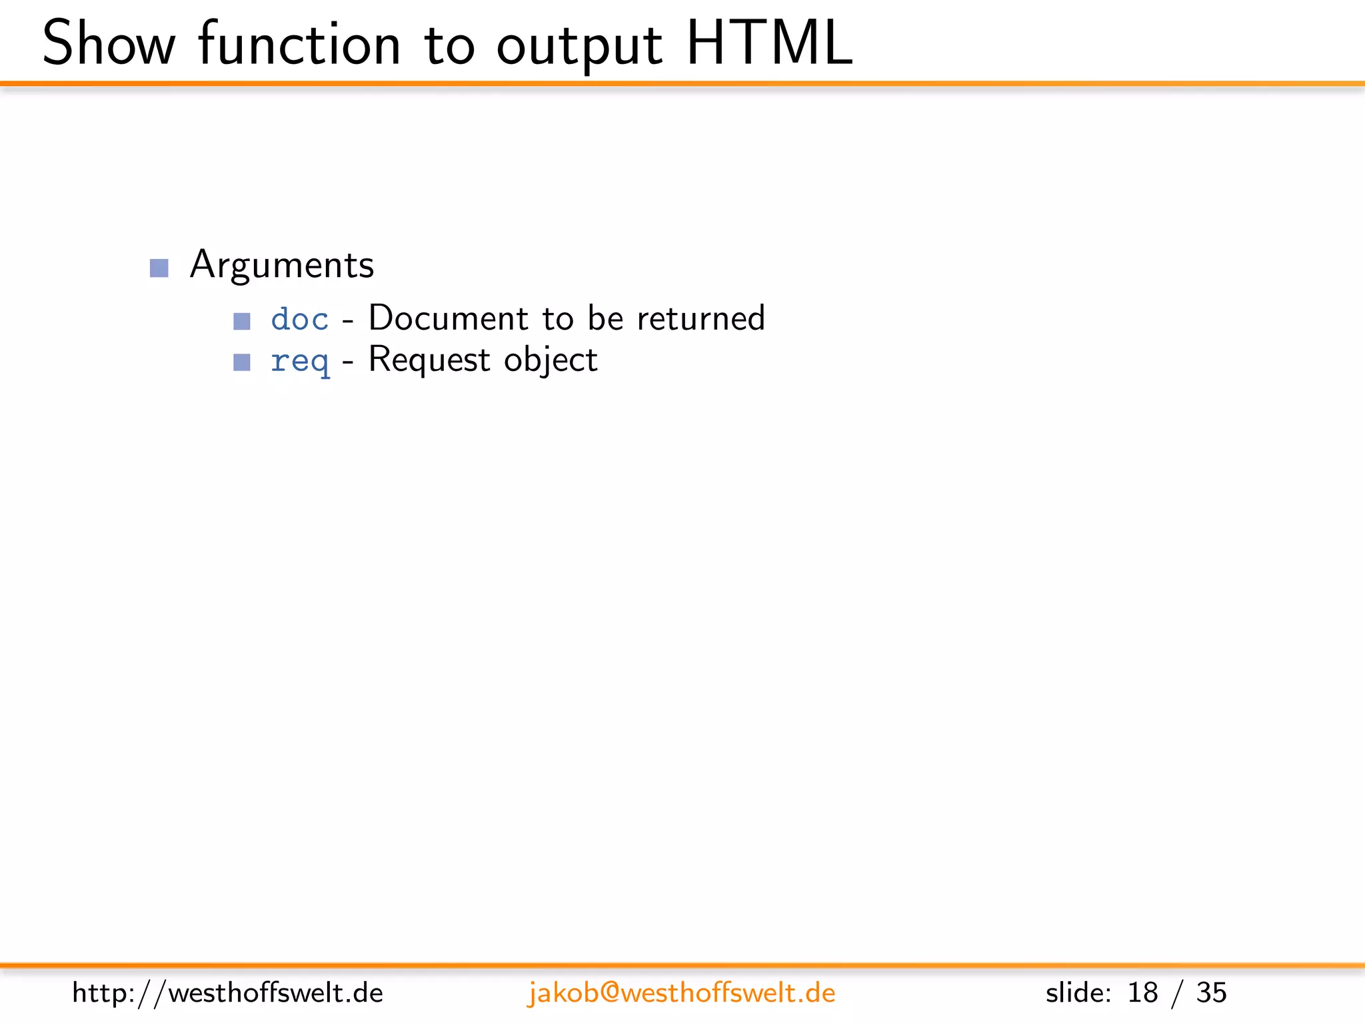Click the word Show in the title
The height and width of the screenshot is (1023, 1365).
(109, 44)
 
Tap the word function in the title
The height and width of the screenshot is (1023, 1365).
(299, 44)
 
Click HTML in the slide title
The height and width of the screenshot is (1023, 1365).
(769, 44)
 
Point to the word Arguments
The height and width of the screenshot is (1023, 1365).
(282, 265)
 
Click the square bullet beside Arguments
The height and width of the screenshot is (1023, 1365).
(159, 268)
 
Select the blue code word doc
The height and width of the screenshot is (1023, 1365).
(300, 319)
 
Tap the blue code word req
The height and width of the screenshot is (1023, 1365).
(300, 362)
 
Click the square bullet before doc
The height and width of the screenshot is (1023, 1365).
(242, 321)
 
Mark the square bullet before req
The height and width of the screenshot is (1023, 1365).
(242, 362)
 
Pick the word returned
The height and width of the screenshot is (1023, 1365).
(700, 318)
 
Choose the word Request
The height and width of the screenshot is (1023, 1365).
(429, 360)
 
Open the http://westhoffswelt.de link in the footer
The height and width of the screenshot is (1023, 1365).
(227, 992)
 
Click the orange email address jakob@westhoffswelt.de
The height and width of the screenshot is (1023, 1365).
(681, 992)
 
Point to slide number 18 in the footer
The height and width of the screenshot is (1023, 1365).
(1142, 992)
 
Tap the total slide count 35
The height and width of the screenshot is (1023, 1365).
(1211, 992)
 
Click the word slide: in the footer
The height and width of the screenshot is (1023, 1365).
(1078, 992)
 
